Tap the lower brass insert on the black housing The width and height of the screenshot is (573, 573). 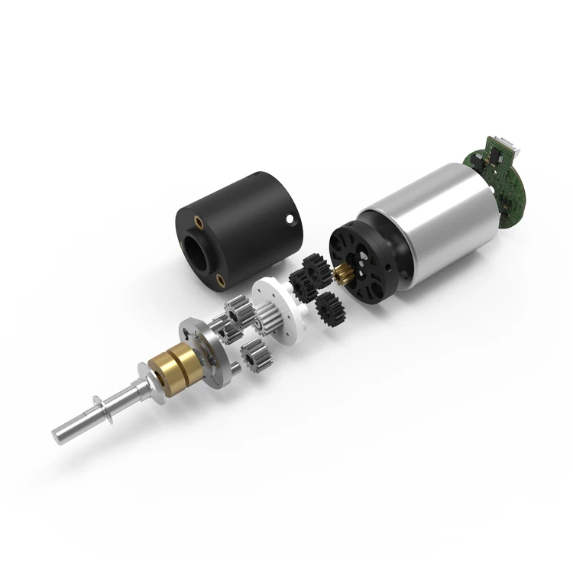coord(222,279)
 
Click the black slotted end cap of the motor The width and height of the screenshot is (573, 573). coord(366,261)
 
